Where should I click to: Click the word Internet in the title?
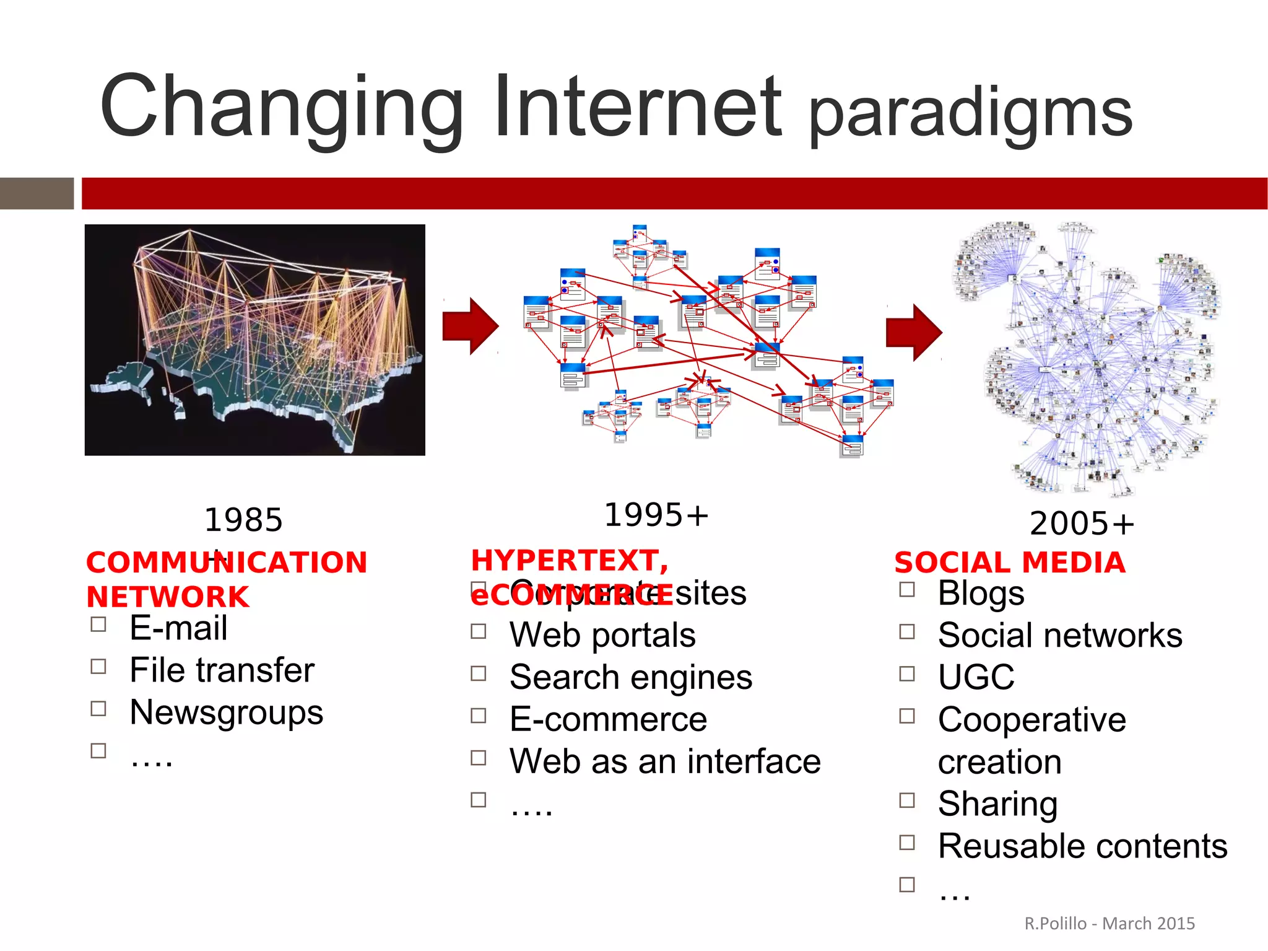tap(638, 107)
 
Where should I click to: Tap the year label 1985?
tap(243, 520)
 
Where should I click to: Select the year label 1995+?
tap(656, 515)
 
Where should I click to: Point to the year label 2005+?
tap(1082, 524)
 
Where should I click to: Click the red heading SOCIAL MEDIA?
tap(1010, 563)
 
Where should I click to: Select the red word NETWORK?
tap(168, 597)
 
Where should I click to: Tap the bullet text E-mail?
tap(178, 628)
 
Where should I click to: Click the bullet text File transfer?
tap(222, 670)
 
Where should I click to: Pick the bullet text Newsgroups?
tap(226, 712)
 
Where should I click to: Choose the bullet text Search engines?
tap(630, 677)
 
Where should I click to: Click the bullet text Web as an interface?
tap(665, 761)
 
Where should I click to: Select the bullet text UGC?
tap(976, 677)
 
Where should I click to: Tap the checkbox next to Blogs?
tap(907, 589)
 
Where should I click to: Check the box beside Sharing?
tap(907, 800)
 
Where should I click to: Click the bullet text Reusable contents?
tap(1082, 846)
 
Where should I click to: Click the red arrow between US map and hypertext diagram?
tap(471, 326)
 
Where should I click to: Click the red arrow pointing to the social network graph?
tap(914, 333)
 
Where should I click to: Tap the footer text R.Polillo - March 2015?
tap(1109, 924)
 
